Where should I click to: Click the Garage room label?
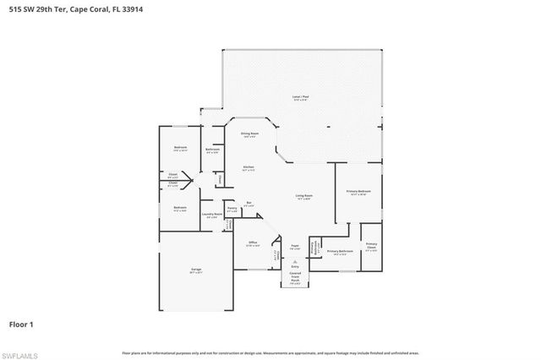[195, 270]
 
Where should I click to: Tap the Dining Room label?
[249, 134]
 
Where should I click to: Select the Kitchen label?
[249, 167]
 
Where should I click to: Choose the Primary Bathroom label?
[339, 251]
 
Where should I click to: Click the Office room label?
[252, 243]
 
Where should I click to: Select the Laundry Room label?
[211, 215]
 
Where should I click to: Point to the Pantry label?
[231, 208]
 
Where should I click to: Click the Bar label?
[249, 202]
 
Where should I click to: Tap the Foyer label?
[295, 247]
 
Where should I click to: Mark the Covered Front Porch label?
[295, 275]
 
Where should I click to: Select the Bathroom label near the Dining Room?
[212, 150]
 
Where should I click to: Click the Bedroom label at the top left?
[180, 148]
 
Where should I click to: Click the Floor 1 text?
[20, 324]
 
